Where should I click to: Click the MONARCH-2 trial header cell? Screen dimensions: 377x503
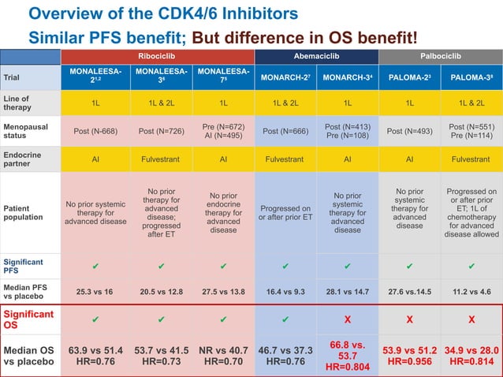point(285,78)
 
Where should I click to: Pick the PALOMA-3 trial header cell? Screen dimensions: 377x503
point(471,78)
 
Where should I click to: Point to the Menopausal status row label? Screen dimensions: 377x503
point(30,129)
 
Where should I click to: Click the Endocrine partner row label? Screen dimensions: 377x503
point(30,158)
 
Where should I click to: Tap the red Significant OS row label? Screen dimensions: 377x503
point(30,320)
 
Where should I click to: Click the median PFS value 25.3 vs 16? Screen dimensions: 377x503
point(95,291)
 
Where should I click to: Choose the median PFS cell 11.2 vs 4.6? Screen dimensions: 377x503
point(471,291)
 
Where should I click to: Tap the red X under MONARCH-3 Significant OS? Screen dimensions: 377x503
point(347,320)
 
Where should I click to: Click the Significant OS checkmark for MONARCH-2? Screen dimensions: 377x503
point(285,320)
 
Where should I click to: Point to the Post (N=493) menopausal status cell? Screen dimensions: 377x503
point(409,130)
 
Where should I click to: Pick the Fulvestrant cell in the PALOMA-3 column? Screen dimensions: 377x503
point(471,158)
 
